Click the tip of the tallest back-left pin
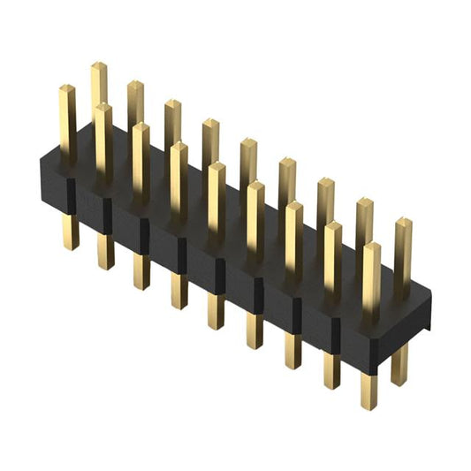[98, 66]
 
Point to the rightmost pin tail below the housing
[399, 364]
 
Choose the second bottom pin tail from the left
[106, 252]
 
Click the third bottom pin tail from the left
[141, 271]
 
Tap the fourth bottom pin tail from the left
[179, 291]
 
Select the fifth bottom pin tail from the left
[217, 311]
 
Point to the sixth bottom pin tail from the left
[254, 330]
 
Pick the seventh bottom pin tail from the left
[293, 351]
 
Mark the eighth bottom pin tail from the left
[331, 371]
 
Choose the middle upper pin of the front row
[217, 199]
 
